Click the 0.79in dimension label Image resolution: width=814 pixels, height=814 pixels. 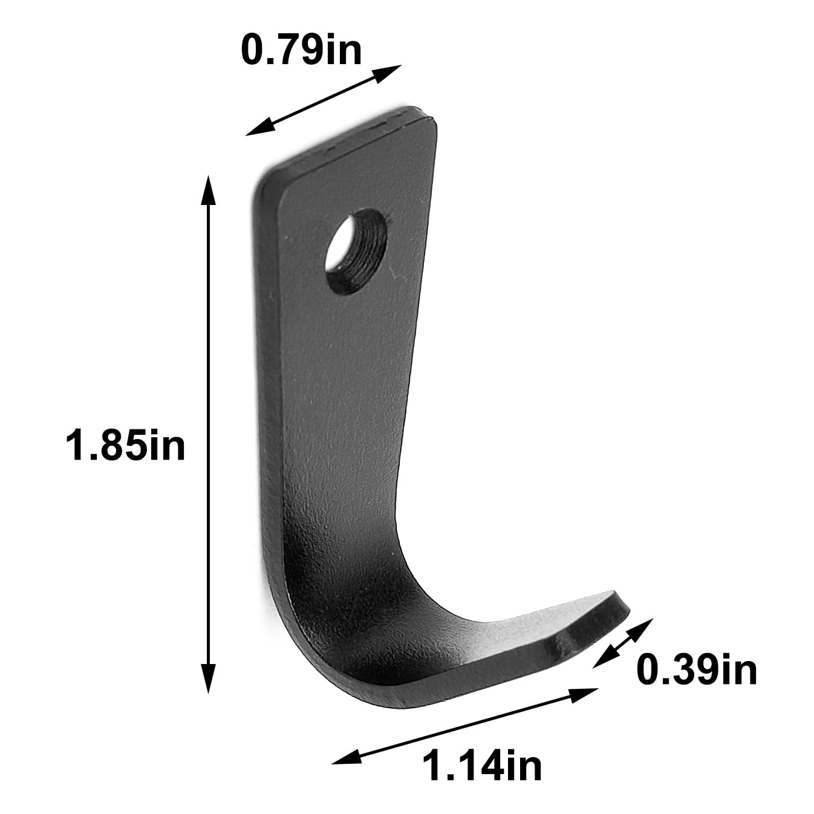pos(301,50)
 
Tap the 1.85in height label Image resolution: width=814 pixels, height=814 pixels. pos(125,444)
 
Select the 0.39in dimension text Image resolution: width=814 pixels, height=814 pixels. pos(697,669)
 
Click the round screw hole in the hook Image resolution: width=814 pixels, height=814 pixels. pos(356,252)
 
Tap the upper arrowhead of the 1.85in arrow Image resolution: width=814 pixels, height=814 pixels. pos(208,191)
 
